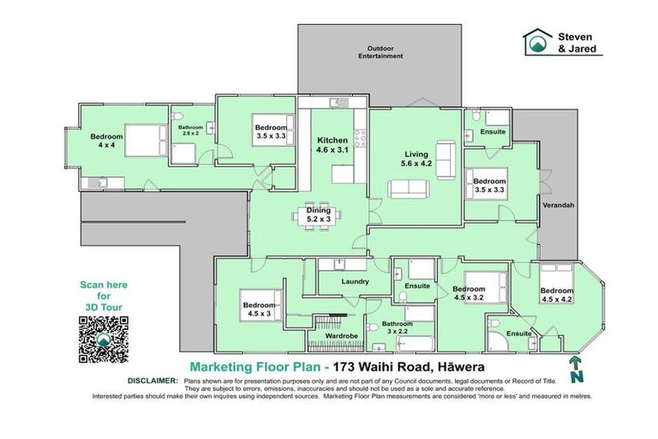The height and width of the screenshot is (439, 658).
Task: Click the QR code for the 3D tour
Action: pos(103,340)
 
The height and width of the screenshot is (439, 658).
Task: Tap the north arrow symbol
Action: pos(576,370)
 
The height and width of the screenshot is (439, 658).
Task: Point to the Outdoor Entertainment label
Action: pos(380,52)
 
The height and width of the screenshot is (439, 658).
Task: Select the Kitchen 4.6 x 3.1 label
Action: pos(332,145)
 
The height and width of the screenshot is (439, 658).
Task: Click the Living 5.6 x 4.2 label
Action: pos(416,159)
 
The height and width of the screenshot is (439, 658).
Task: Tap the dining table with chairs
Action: pos(317,217)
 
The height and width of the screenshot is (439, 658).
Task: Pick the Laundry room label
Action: pos(355,281)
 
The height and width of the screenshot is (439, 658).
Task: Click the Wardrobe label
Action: pos(342,336)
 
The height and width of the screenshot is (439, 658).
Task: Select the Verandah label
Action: pos(558,206)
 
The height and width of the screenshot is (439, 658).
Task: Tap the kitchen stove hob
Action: pos(361,138)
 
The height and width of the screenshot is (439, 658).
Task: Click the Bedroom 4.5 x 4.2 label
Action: pos(557,295)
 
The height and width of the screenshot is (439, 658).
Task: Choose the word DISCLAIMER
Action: pos(153,381)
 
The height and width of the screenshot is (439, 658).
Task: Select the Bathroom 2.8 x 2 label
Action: pos(190,130)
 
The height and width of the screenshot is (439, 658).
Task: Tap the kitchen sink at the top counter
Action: pos(339,103)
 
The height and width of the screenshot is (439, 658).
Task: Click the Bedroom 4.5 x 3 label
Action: pos(259,310)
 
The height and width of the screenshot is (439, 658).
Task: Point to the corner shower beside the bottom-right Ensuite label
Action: pos(498,341)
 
